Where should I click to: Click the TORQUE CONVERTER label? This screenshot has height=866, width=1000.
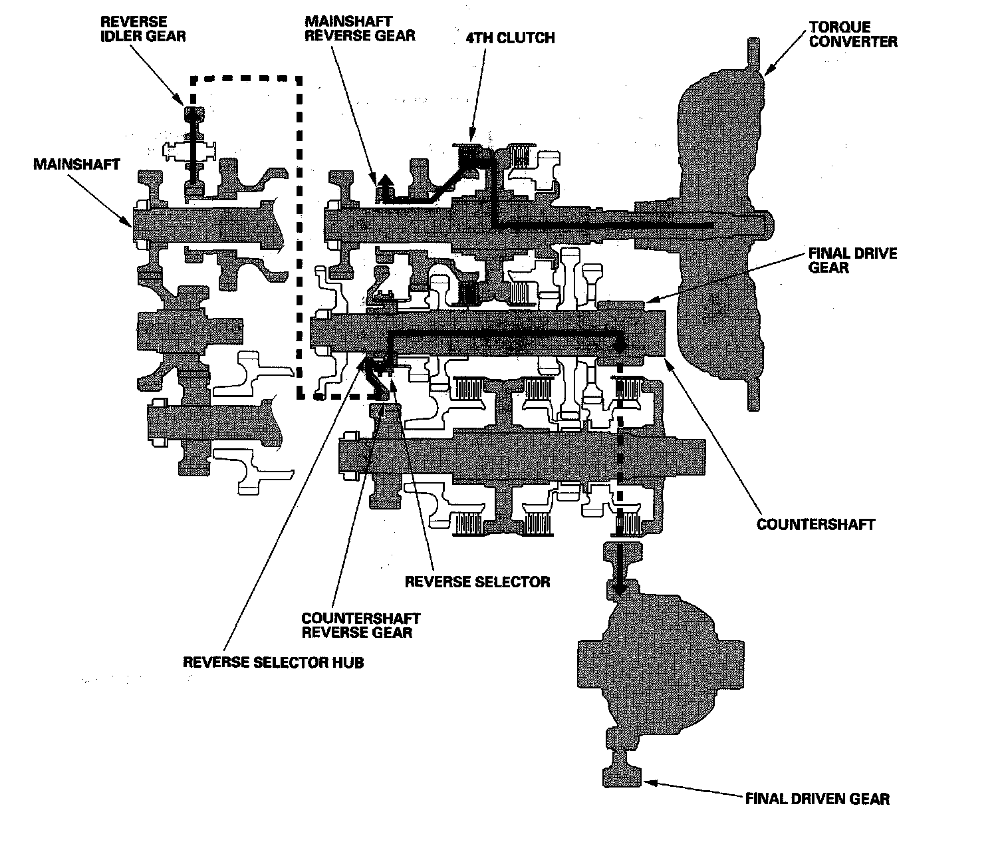coord(852,35)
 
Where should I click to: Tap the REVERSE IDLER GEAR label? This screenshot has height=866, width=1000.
coord(143,29)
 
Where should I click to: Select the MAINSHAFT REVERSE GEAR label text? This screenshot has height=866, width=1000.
coord(360,29)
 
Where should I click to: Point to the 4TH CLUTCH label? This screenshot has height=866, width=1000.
coord(510,37)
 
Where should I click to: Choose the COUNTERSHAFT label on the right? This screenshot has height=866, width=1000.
coord(816,524)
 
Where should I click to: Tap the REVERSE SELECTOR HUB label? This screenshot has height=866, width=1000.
coord(273,662)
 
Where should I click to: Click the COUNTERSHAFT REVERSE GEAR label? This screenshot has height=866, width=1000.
coord(360,625)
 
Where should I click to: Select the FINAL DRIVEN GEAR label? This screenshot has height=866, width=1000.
coord(817,799)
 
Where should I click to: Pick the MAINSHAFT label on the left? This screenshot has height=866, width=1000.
coord(76,164)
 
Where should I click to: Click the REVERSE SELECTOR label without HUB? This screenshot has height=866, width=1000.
coord(477,582)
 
